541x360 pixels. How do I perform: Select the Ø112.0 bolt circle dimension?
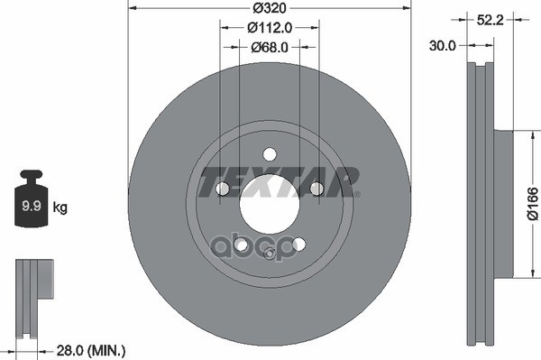point(268,29)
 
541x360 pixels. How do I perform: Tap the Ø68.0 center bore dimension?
point(268,47)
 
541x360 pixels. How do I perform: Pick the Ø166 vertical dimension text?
point(531,204)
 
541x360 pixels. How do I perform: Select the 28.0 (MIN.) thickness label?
point(91,349)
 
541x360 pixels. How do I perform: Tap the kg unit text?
point(60,208)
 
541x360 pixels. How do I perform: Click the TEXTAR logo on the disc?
point(277,181)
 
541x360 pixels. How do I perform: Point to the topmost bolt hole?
point(270,154)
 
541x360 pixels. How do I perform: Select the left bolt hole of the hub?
point(222,188)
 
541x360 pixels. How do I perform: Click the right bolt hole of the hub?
point(316,188)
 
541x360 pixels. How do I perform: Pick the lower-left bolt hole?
point(240,244)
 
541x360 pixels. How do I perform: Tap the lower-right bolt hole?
point(298,244)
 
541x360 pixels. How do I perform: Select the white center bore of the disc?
point(270,203)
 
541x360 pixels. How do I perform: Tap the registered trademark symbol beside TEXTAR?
point(356,194)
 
